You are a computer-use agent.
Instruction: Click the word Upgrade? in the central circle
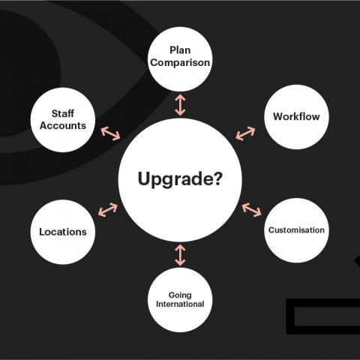[x=180, y=179]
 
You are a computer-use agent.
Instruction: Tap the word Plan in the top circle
[x=180, y=50]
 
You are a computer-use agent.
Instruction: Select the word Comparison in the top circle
[x=180, y=63]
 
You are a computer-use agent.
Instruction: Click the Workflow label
[x=296, y=116]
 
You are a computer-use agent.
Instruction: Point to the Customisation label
[x=296, y=230]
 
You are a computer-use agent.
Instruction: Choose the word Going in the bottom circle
[x=180, y=295]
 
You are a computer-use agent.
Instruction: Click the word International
[x=180, y=304]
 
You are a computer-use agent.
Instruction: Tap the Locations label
[x=63, y=232]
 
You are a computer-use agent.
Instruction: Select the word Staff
[x=63, y=113]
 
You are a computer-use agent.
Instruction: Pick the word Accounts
[x=63, y=125]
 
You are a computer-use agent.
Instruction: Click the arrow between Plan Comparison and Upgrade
[x=180, y=105]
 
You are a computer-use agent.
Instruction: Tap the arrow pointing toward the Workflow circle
[x=245, y=133]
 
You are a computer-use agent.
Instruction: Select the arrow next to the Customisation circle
[x=251, y=210]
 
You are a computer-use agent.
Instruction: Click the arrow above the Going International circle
[x=180, y=255]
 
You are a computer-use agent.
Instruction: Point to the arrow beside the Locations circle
[x=108, y=210]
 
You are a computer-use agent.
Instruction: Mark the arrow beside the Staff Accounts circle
[x=110, y=133]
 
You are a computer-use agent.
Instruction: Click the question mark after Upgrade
[x=217, y=178]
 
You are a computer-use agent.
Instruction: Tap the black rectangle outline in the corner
[x=290, y=316]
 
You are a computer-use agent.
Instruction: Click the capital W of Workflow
[x=278, y=116]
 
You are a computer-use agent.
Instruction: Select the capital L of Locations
[x=43, y=232]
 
